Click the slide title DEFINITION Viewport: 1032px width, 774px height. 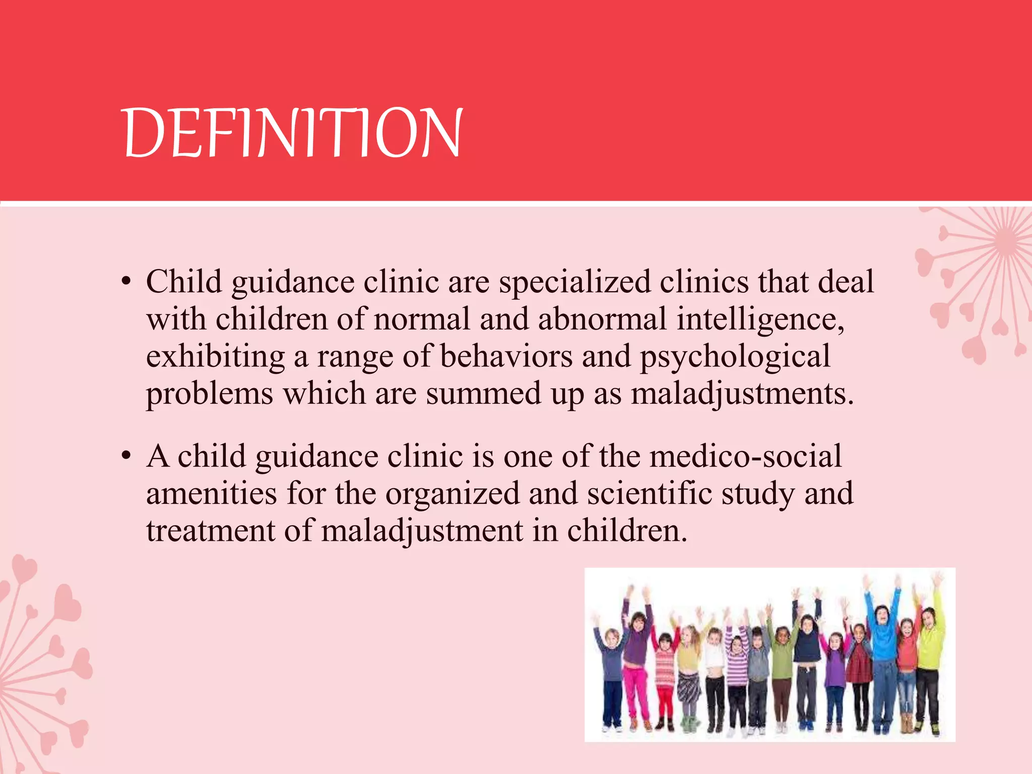click(x=292, y=133)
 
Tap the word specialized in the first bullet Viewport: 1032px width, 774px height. click(x=574, y=282)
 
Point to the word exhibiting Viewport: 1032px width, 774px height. click(x=215, y=357)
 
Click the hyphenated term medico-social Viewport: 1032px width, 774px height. click(x=745, y=456)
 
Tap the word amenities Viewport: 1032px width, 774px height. click(x=211, y=493)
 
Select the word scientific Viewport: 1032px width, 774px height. click(x=650, y=493)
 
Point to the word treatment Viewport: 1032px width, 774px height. click(x=210, y=531)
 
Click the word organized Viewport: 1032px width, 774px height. click(x=452, y=494)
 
